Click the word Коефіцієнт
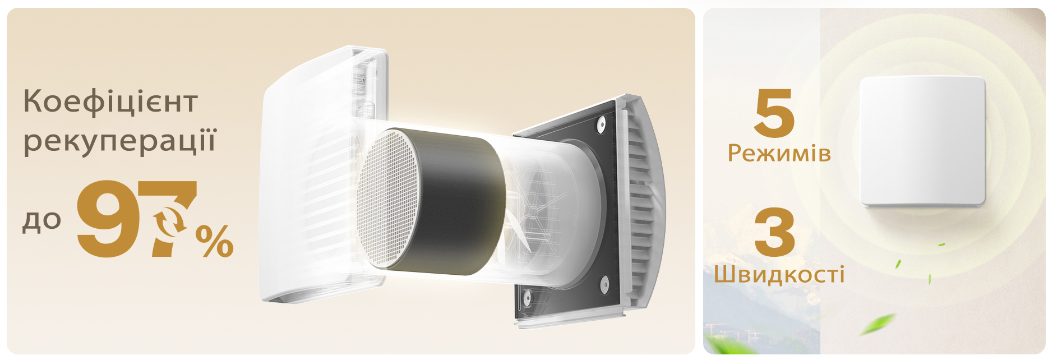110,101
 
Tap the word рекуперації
119,141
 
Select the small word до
41,220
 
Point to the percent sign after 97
214,241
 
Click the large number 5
774,113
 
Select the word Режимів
779,153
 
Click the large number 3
774,232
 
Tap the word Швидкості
779,274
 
